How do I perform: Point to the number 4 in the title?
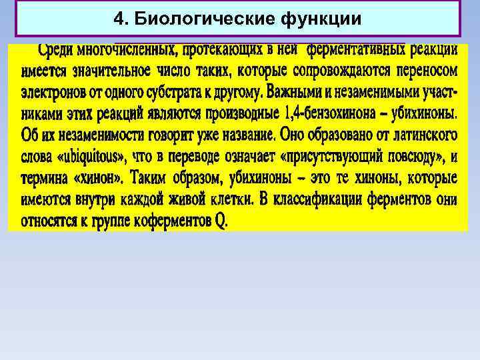pos(118,19)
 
